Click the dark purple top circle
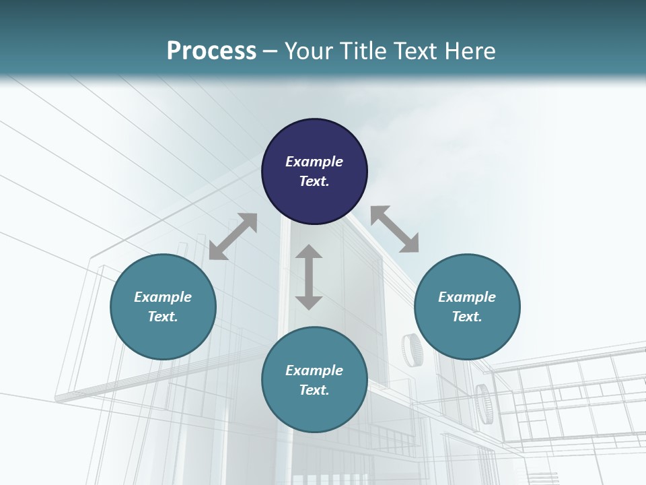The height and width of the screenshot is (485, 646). [x=314, y=171]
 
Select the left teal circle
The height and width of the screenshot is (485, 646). [x=163, y=306]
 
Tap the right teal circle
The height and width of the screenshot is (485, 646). [x=467, y=306]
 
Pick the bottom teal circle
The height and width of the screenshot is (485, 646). [x=314, y=380]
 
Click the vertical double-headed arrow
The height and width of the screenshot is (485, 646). [x=309, y=277]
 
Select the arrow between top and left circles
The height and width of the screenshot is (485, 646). [x=233, y=236]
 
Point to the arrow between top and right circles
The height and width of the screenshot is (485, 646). [x=395, y=230]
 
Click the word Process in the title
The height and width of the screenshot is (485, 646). [x=211, y=51]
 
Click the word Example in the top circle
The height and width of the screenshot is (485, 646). [x=314, y=162]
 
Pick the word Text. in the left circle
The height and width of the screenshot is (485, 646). [x=163, y=317]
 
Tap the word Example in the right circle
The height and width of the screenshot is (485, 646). [x=467, y=297]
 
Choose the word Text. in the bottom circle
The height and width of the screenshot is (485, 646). [x=314, y=390]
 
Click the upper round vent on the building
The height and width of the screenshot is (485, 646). [x=411, y=350]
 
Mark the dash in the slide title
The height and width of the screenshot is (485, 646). [x=271, y=51]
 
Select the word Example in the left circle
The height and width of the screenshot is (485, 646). [x=163, y=297]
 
